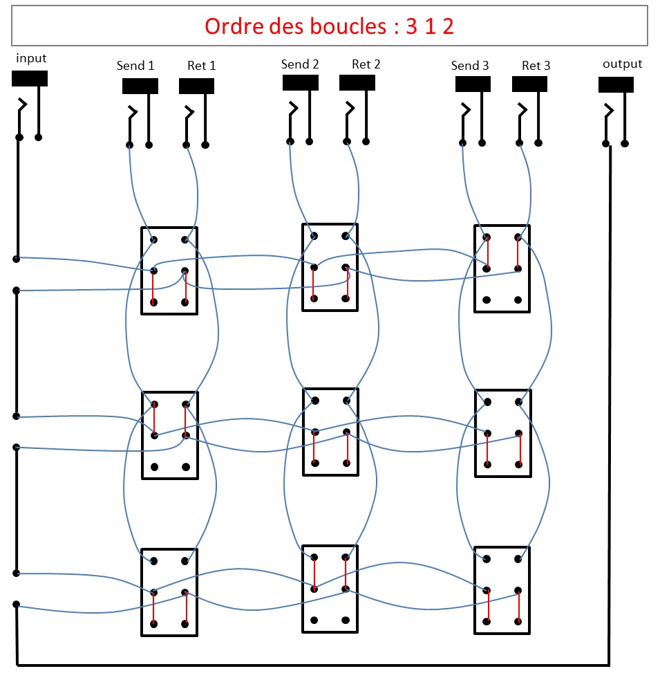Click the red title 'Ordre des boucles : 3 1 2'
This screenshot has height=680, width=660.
329,26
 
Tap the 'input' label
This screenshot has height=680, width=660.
31,59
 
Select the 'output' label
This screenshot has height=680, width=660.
622,64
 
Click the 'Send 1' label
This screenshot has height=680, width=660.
135,66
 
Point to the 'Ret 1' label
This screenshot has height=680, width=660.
202,66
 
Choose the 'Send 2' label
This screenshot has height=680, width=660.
300,64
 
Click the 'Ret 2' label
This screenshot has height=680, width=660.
366,64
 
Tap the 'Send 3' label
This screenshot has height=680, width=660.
470,66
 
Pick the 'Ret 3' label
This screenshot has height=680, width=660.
536,66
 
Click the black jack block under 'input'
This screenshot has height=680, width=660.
30,78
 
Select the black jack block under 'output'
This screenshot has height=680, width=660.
616,84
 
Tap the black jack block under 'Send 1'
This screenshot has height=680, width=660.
140,86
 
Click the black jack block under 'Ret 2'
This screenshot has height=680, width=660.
357,82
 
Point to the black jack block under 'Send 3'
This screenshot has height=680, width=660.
473,84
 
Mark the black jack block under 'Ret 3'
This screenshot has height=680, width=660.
530,84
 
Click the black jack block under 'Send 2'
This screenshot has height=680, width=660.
301,82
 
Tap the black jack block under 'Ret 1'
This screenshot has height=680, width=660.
197,86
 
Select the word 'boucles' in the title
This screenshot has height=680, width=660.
337,26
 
